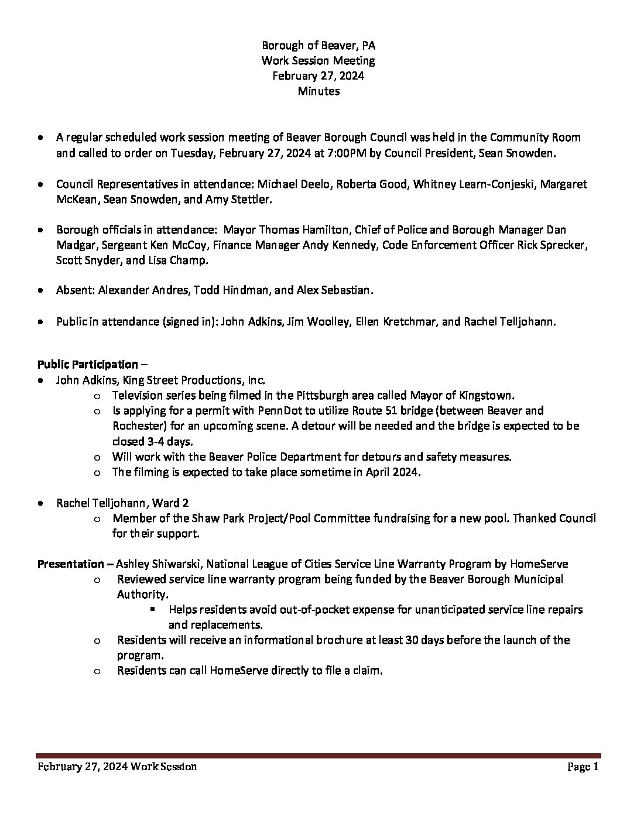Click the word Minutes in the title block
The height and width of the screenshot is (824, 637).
coord(318,91)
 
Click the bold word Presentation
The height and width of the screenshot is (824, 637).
coord(71,564)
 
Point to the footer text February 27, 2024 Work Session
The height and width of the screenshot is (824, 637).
coord(117,767)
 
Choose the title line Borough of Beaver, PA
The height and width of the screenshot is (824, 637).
coord(318,45)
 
